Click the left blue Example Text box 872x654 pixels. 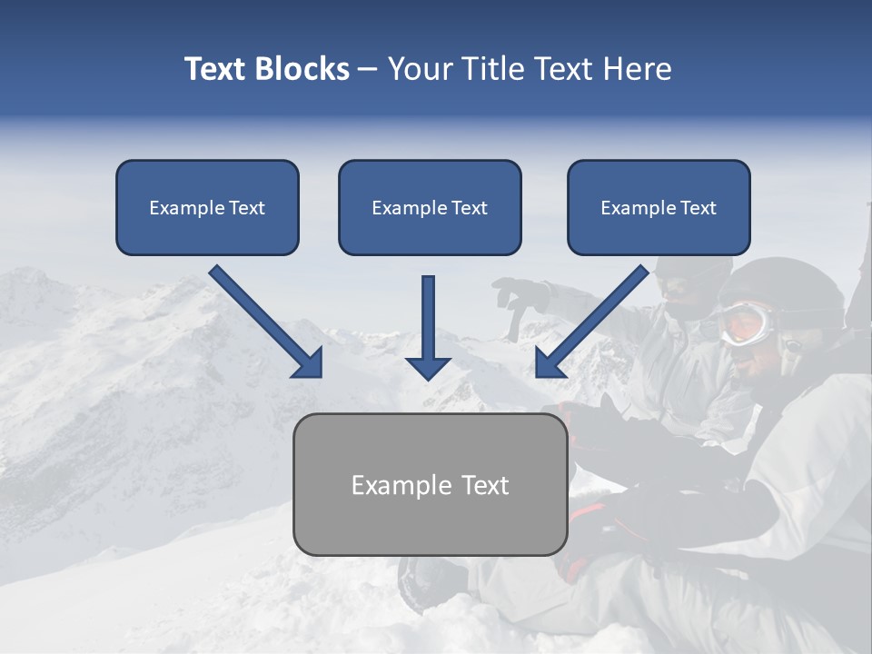(x=207, y=207)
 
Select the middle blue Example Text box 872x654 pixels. (x=430, y=207)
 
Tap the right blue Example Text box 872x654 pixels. (x=659, y=207)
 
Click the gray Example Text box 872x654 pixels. (x=430, y=484)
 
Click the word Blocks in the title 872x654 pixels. (x=302, y=69)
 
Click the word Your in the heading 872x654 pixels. (x=418, y=69)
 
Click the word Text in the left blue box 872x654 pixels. (x=247, y=207)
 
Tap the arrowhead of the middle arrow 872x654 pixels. (x=428, y=367)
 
